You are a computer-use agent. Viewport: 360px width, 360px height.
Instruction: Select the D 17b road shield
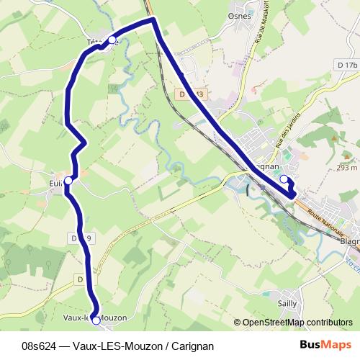point(346,66)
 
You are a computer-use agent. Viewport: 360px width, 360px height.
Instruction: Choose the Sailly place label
point(287,303)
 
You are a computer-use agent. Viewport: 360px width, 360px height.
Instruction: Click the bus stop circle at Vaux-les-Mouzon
point(96,320)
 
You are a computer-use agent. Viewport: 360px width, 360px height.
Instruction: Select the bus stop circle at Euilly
point(68,181)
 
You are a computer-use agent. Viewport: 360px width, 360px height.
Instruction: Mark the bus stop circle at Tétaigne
point(112,40)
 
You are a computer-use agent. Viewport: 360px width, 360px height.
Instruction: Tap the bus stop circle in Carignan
point(284,179)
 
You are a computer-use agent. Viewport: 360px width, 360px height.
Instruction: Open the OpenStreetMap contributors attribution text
point(292,323)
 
